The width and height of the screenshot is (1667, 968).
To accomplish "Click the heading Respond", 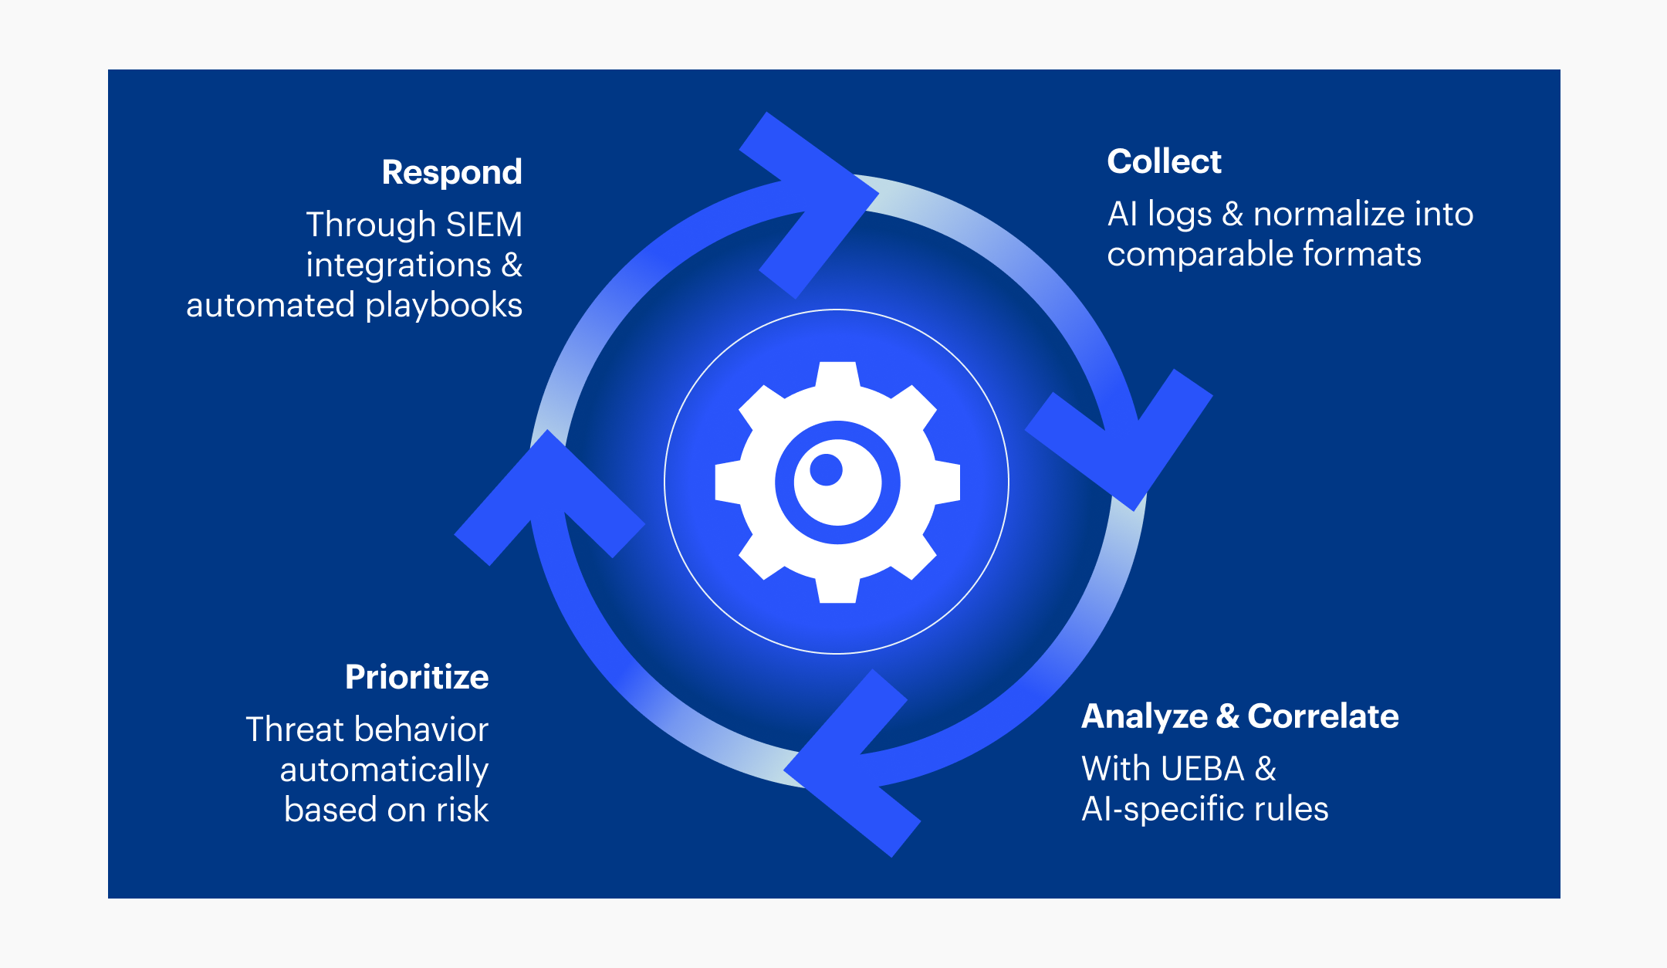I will point(451,172).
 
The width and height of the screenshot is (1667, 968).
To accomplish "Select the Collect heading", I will point(1164,161).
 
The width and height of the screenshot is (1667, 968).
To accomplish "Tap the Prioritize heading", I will point(417,677).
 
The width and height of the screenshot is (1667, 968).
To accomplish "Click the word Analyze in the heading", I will point(1144,716).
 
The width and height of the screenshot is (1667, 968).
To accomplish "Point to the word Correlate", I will point(1323,716).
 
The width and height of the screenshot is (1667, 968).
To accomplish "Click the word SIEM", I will point(484,225).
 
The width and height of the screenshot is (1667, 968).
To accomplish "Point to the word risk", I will point(462,810).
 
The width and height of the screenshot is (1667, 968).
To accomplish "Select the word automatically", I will point(384,770).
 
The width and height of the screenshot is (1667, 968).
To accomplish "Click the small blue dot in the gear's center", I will point(826,469).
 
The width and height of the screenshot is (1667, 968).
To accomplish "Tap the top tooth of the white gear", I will point(837,375).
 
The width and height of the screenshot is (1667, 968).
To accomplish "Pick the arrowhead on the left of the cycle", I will point(548,494).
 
